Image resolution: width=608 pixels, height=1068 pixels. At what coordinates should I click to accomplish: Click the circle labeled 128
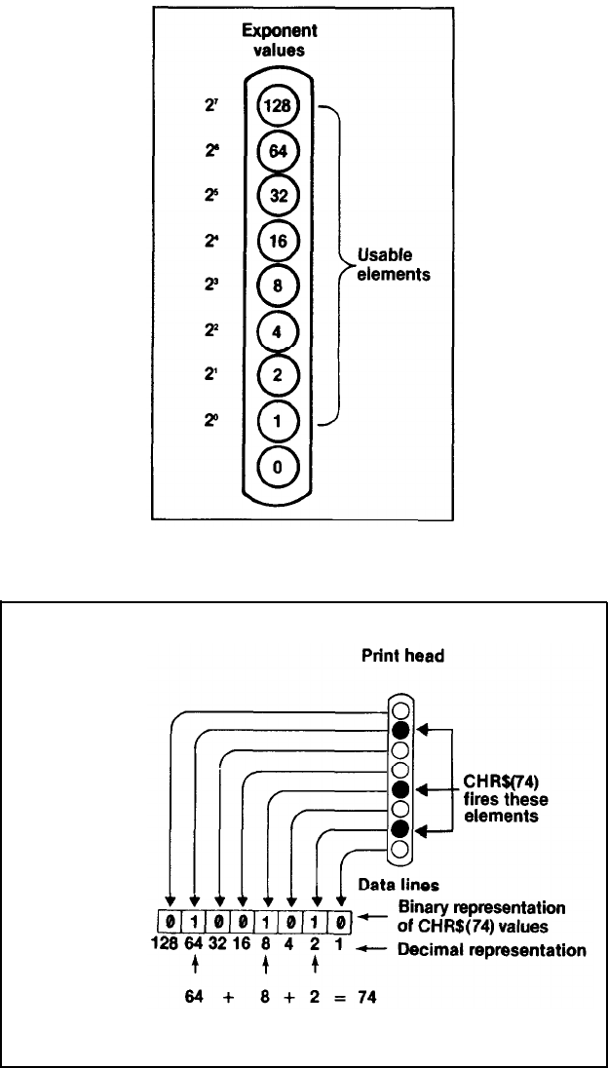click(x=277, y=106)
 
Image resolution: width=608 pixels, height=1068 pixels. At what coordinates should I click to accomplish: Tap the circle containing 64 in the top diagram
click(x=277, y=150)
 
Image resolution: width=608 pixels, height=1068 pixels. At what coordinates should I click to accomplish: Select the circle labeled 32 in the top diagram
click(x=277, y=194)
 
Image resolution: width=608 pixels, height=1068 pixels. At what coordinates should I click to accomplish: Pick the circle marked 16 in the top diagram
click(x=277, y=239)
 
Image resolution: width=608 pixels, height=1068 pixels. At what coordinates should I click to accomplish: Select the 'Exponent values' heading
click(x=280, y=41)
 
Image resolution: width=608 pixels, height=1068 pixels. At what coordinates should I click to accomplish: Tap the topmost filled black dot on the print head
click(x=399, y=730)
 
